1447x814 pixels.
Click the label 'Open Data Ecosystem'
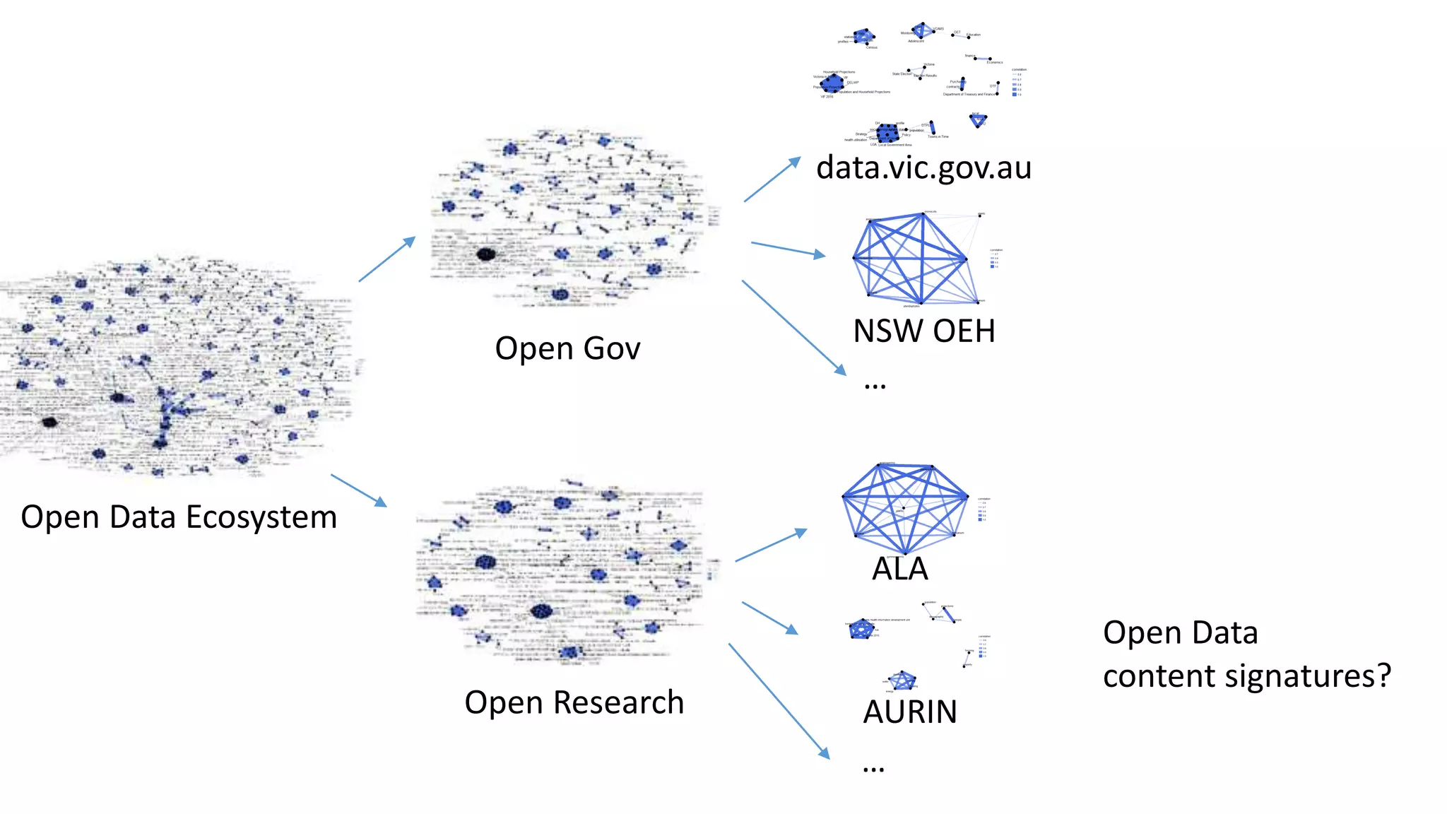[179, 517]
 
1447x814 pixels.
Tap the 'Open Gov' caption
[567, 349]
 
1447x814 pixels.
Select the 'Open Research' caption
[574, 702]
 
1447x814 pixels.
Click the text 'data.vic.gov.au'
[923, 168]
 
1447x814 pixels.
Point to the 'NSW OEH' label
[923, 331]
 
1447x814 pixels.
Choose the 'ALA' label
[899, 569]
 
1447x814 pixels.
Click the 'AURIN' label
[910, 712]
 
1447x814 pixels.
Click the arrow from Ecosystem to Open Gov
[386, 259]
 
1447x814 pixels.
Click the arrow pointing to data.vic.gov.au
[772, 179]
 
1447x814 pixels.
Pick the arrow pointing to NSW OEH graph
[788, 249]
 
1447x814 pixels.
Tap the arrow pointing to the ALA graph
[771, 545]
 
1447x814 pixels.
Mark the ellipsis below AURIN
[873, 769]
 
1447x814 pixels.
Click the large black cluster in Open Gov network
[485, 254]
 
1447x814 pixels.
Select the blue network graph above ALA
[904, 507]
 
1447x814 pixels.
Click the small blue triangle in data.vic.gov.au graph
[978, 121]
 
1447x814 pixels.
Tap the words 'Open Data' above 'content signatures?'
[1180, 633]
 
